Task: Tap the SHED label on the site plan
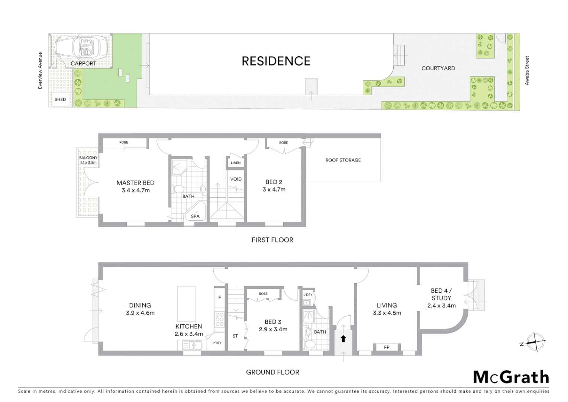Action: point(60,99)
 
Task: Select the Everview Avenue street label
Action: point(40,70)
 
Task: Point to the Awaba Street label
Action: point(527,70)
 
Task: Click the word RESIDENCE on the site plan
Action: point(276,61)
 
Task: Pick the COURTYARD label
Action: point(438,68)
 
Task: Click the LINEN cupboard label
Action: point(236,163)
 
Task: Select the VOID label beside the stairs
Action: point(236,179)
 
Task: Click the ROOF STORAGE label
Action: point(343,160)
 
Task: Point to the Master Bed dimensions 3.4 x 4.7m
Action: point(135,190)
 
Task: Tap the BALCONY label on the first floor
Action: point(88,158)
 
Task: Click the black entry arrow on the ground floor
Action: point(343,339)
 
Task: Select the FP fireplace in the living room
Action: point(387,347)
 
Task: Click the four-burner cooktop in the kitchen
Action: point(220,319)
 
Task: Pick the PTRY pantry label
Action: point(217,343)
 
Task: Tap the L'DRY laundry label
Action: point(308,295)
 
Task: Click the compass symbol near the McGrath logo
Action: point(535,342)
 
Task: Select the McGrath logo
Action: point(511,377)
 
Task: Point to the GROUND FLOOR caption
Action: point(272,372)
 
